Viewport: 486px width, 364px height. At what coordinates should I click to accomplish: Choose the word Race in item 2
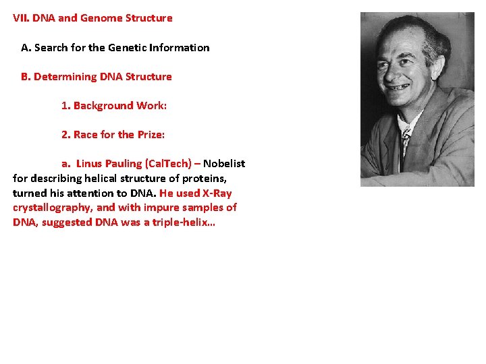86,135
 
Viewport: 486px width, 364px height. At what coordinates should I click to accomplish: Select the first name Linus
89,164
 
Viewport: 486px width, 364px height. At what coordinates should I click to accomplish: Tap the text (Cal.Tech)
169,164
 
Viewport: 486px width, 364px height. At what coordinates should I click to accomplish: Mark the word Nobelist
224,164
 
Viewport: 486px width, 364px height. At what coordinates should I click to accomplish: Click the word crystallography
51,208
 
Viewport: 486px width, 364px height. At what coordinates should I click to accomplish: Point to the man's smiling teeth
399,87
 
